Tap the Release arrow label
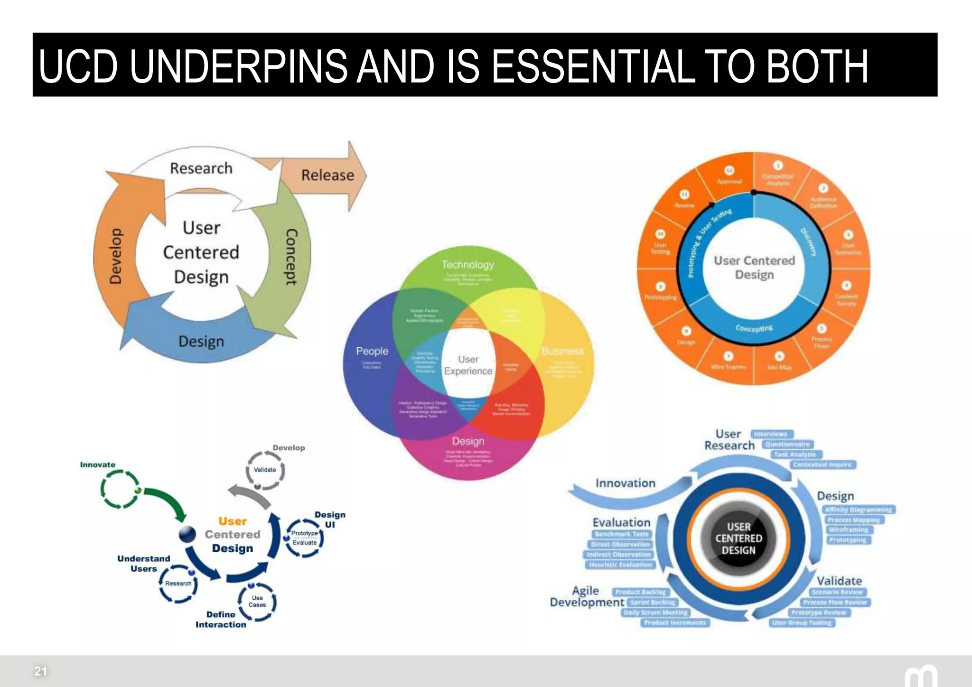[x=327, y=175]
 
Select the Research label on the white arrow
[x=201, y=168]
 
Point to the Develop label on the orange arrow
[x=115, y=256]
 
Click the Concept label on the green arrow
[x=291, y=257]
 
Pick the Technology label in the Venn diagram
[x=467, y=265]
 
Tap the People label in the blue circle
[x=372, y=351]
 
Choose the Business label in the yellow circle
[x=562, y=351]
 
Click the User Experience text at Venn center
[x=468, y=365]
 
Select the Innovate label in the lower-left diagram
[x=98, y=465]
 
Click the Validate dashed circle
[x=265, y=470]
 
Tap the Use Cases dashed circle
[x=257, y=601]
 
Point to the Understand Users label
[x=143, y=564]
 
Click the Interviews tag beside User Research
[x=771, y=434]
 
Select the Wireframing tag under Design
[x=848, y=530]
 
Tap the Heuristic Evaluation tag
[x=620, y=565]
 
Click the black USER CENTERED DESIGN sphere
[x=738, y=538]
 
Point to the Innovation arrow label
[x=625, y=483]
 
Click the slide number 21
[x=41, y=671]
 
